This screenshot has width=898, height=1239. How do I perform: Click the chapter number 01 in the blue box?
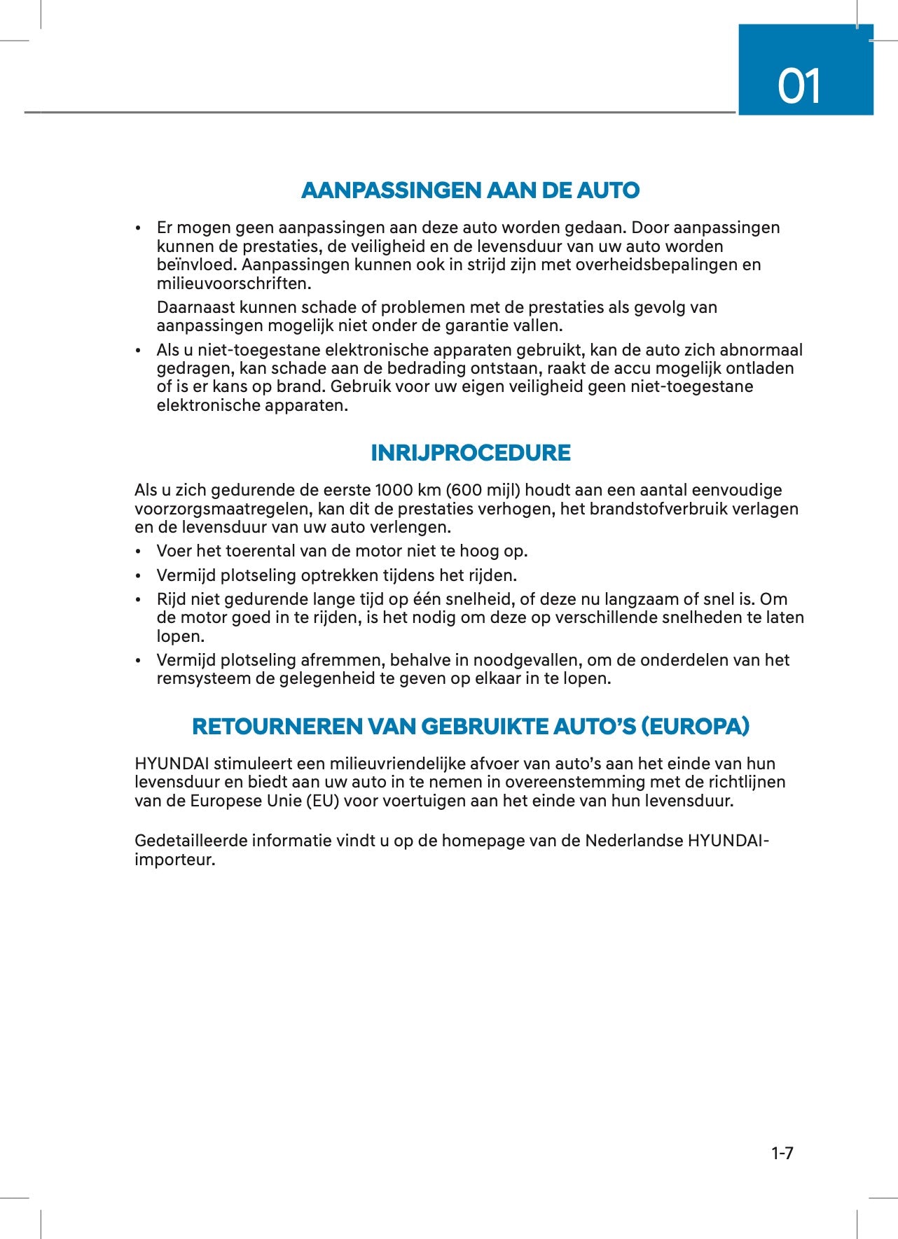(799, 87)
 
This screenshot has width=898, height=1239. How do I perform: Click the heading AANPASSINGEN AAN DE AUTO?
(470, 190)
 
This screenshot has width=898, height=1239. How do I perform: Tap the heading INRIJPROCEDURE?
(470, 453)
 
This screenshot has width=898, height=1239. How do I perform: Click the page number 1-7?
(782, 1153)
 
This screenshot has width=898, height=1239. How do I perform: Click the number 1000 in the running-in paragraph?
(394, 490)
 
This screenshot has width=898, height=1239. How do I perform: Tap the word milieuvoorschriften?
(233, 283)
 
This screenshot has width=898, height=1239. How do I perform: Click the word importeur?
(174, 860)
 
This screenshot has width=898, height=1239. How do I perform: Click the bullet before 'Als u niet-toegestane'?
(139, 351)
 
